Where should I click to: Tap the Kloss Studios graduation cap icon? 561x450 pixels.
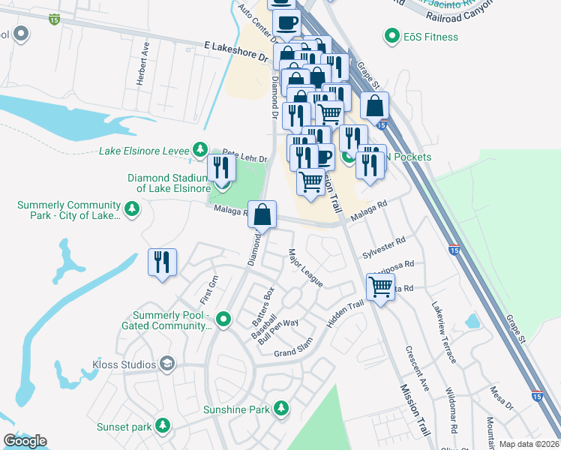(168, 364)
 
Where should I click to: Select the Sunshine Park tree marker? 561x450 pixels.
(281, 409)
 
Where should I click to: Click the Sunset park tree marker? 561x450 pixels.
(161, 426)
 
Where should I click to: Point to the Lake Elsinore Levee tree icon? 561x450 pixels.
(200, 150)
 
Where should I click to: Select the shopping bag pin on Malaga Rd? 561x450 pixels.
(262, 215)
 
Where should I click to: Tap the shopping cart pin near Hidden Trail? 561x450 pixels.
(381, 286)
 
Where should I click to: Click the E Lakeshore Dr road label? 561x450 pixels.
(236, 52)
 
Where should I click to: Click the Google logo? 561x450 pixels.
(25, 440)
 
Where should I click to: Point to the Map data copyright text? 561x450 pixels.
(529, 444)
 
